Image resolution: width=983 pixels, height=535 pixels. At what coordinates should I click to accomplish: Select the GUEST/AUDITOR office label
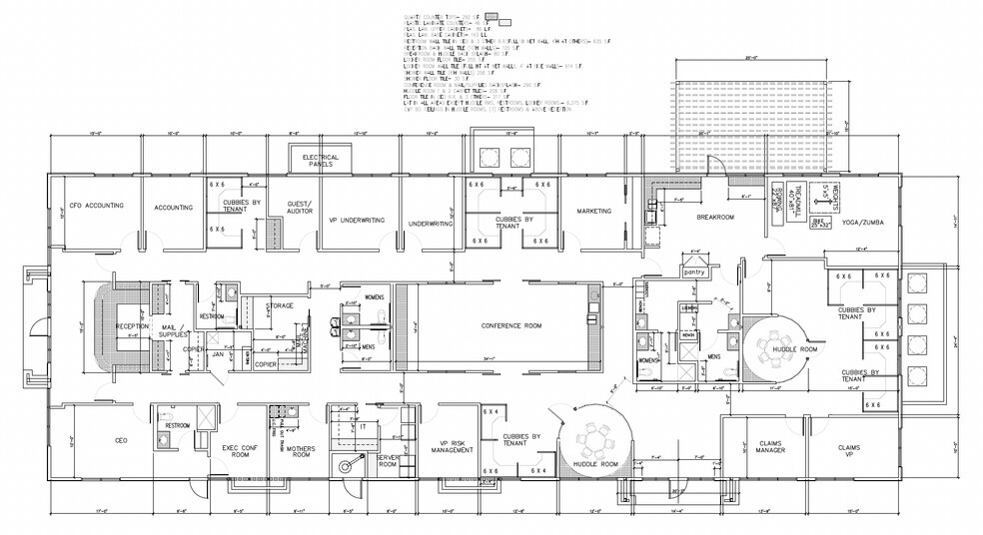(300, 208)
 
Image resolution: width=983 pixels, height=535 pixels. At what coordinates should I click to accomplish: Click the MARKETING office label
(593, 211)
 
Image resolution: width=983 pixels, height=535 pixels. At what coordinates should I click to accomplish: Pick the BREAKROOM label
(715, 218)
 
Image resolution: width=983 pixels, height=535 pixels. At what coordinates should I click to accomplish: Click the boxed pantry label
(694, 270)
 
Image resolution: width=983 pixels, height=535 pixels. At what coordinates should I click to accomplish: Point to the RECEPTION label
(131, 326)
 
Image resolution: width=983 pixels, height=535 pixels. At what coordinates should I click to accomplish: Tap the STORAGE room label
(280, 305)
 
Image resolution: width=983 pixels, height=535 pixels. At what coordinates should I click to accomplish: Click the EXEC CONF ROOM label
(242, 452)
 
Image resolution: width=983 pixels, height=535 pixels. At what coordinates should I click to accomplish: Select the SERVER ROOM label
(388, 460)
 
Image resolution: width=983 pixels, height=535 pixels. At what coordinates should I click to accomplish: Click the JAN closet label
(218, 353)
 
